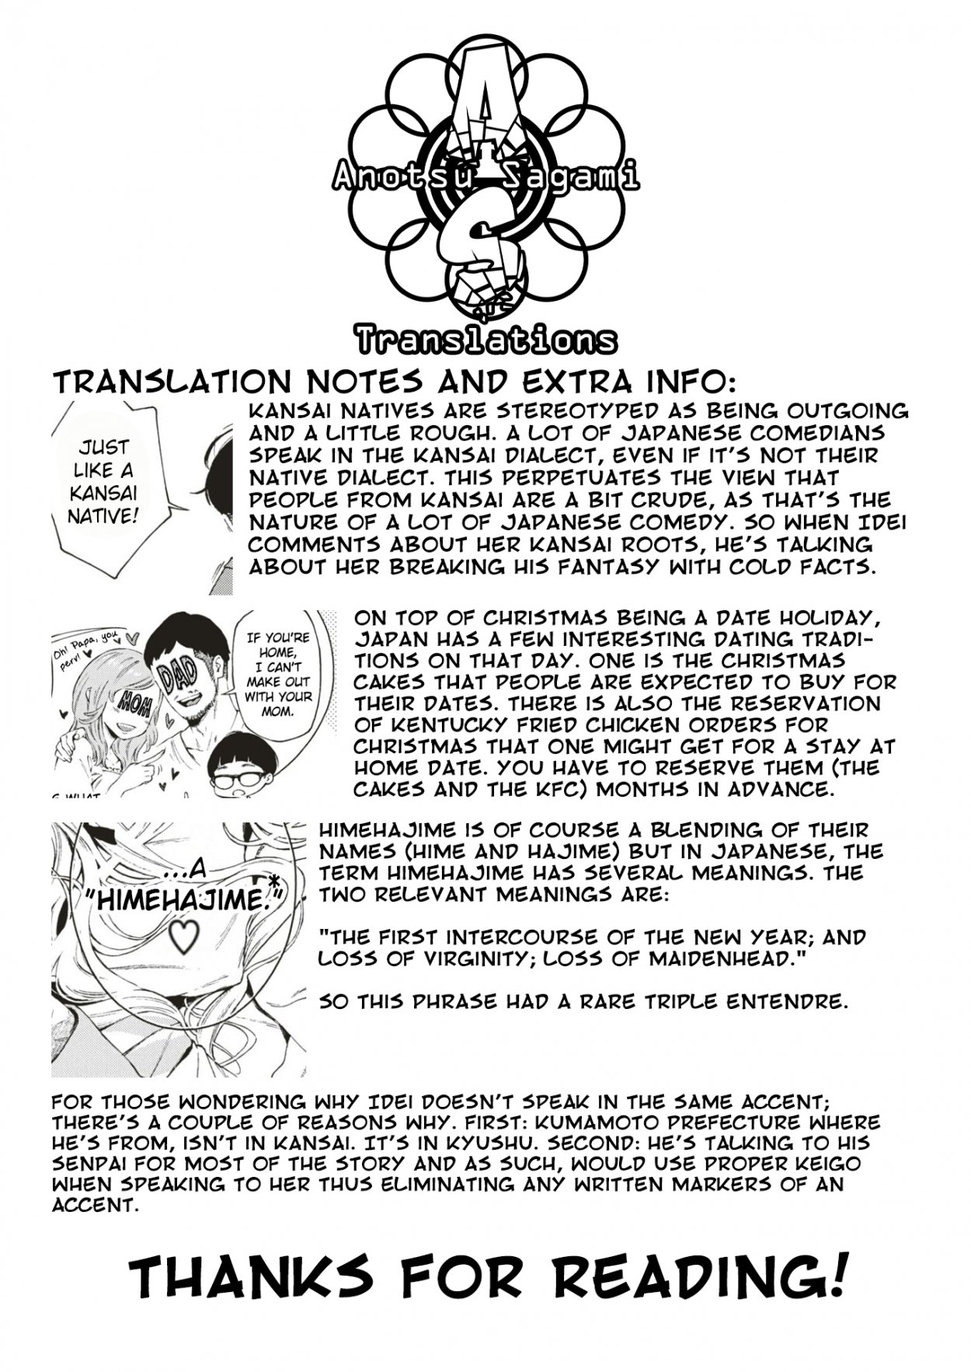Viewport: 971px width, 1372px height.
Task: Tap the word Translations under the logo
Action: pyautogui.click(x=486, y=340)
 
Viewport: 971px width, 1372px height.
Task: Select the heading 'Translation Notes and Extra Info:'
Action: pyautogui.click(x=392, y=382)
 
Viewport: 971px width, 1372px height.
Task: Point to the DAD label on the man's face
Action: pyautogui.click(x=176, y=674)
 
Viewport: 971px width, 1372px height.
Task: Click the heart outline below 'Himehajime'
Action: pyautogui.click(x=184, y=937)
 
